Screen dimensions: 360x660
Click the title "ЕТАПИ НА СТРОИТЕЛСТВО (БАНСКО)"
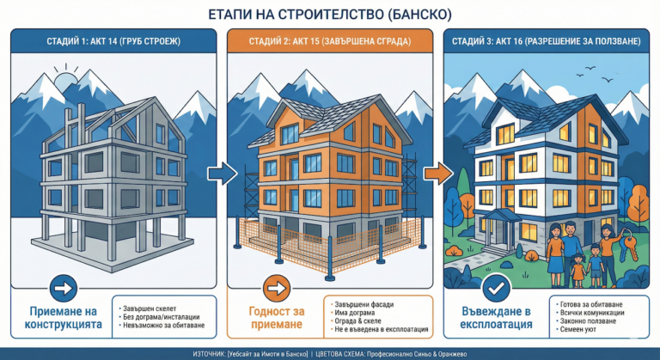pos(330,15)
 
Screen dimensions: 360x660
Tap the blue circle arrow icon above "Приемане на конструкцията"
pos(64,287)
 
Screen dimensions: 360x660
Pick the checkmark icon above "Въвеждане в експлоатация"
pos(492,287)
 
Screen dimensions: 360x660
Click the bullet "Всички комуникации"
pos(592,314)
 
